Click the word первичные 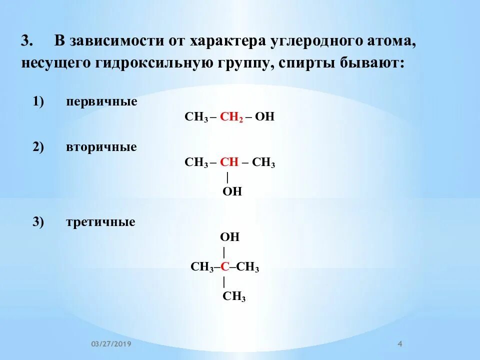coord(101,102)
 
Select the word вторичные coord(101,148)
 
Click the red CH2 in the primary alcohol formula coord(231,117)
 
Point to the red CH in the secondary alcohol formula coord(229,163)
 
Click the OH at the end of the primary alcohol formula coord(265,117)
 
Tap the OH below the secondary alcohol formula coord(232,191)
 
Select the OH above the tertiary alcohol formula coord(230,237)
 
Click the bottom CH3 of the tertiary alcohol coord(234,296)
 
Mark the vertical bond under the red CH coord(227,177)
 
